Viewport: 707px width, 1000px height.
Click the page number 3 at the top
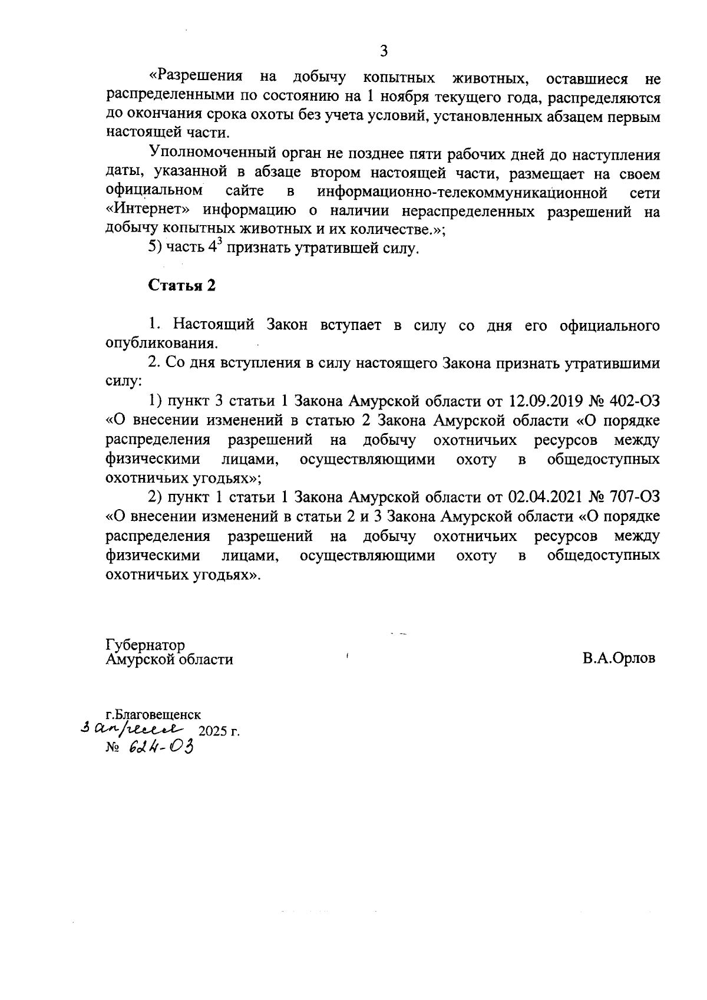click(384, 51)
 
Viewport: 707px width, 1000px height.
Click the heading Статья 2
click(182, 286)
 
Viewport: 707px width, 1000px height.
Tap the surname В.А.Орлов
click(619, 658)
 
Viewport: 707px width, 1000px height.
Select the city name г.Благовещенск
click(153, 715)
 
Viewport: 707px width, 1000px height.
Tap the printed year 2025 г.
click(220, 732)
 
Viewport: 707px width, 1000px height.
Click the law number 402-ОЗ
click(634, 402)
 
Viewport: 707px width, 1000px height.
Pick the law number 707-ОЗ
click(634, 497)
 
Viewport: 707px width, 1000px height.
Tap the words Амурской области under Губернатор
click(170, 659)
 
